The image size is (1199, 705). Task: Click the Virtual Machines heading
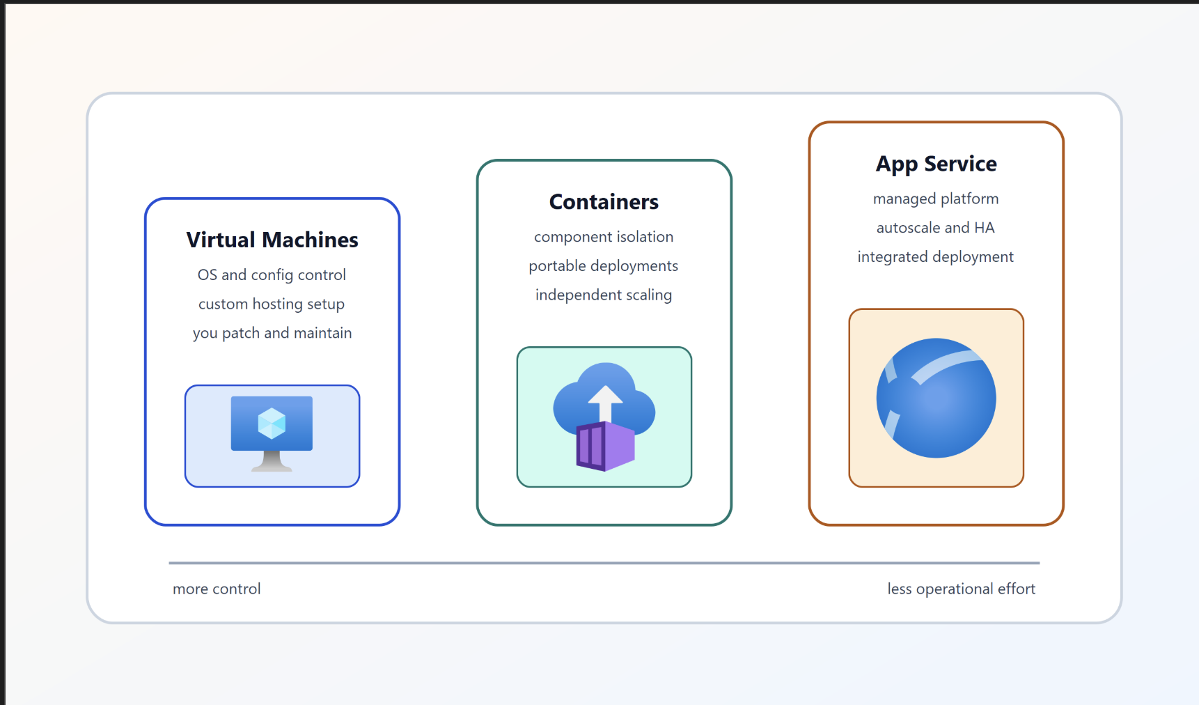click(272, 240)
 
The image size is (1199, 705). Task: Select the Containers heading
click(604, 202)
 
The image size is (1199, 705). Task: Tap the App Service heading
click(936, 164)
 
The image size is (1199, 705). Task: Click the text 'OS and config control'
click(272, 275)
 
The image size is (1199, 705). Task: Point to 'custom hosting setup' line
click(272, 304)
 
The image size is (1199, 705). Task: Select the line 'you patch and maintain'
click(272, 333)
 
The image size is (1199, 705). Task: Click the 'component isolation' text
click(604, 237)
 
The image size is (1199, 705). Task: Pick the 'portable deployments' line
click(603, 266)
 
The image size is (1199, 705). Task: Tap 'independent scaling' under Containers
click(604, 295)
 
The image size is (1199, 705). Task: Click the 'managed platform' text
click(936, 199)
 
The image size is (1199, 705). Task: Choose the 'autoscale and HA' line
click(935, 228)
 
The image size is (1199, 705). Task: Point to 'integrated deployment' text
click(935, 257)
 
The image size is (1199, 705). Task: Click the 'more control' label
click(217, 589)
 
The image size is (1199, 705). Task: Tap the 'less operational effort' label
click(961, 589)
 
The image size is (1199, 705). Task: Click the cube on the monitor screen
click(272, 423)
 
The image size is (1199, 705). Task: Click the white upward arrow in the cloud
click(605, 402)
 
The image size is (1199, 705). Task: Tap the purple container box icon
click(605, 447)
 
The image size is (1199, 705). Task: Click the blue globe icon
click(936, 398)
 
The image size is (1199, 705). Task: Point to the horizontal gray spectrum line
click(604, 563)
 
